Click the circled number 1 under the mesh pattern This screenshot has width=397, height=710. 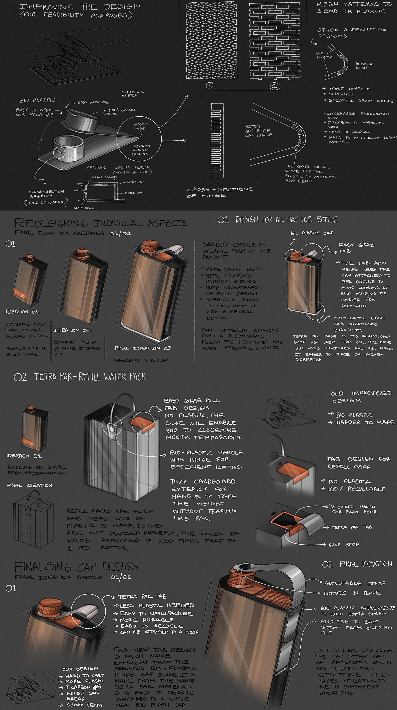pyautogui.click(x=209, y=85)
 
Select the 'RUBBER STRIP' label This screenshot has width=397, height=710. pyautogui.click(x=364, y=66)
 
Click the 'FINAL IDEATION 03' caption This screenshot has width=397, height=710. pyautogui.click(x=143, y=348)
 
